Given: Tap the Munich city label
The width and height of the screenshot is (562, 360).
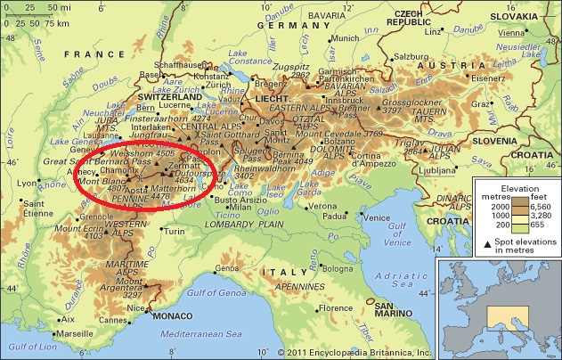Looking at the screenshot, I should click(x=342, y=39).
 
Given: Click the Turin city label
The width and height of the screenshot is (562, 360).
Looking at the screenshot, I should click(x=174, y=232).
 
